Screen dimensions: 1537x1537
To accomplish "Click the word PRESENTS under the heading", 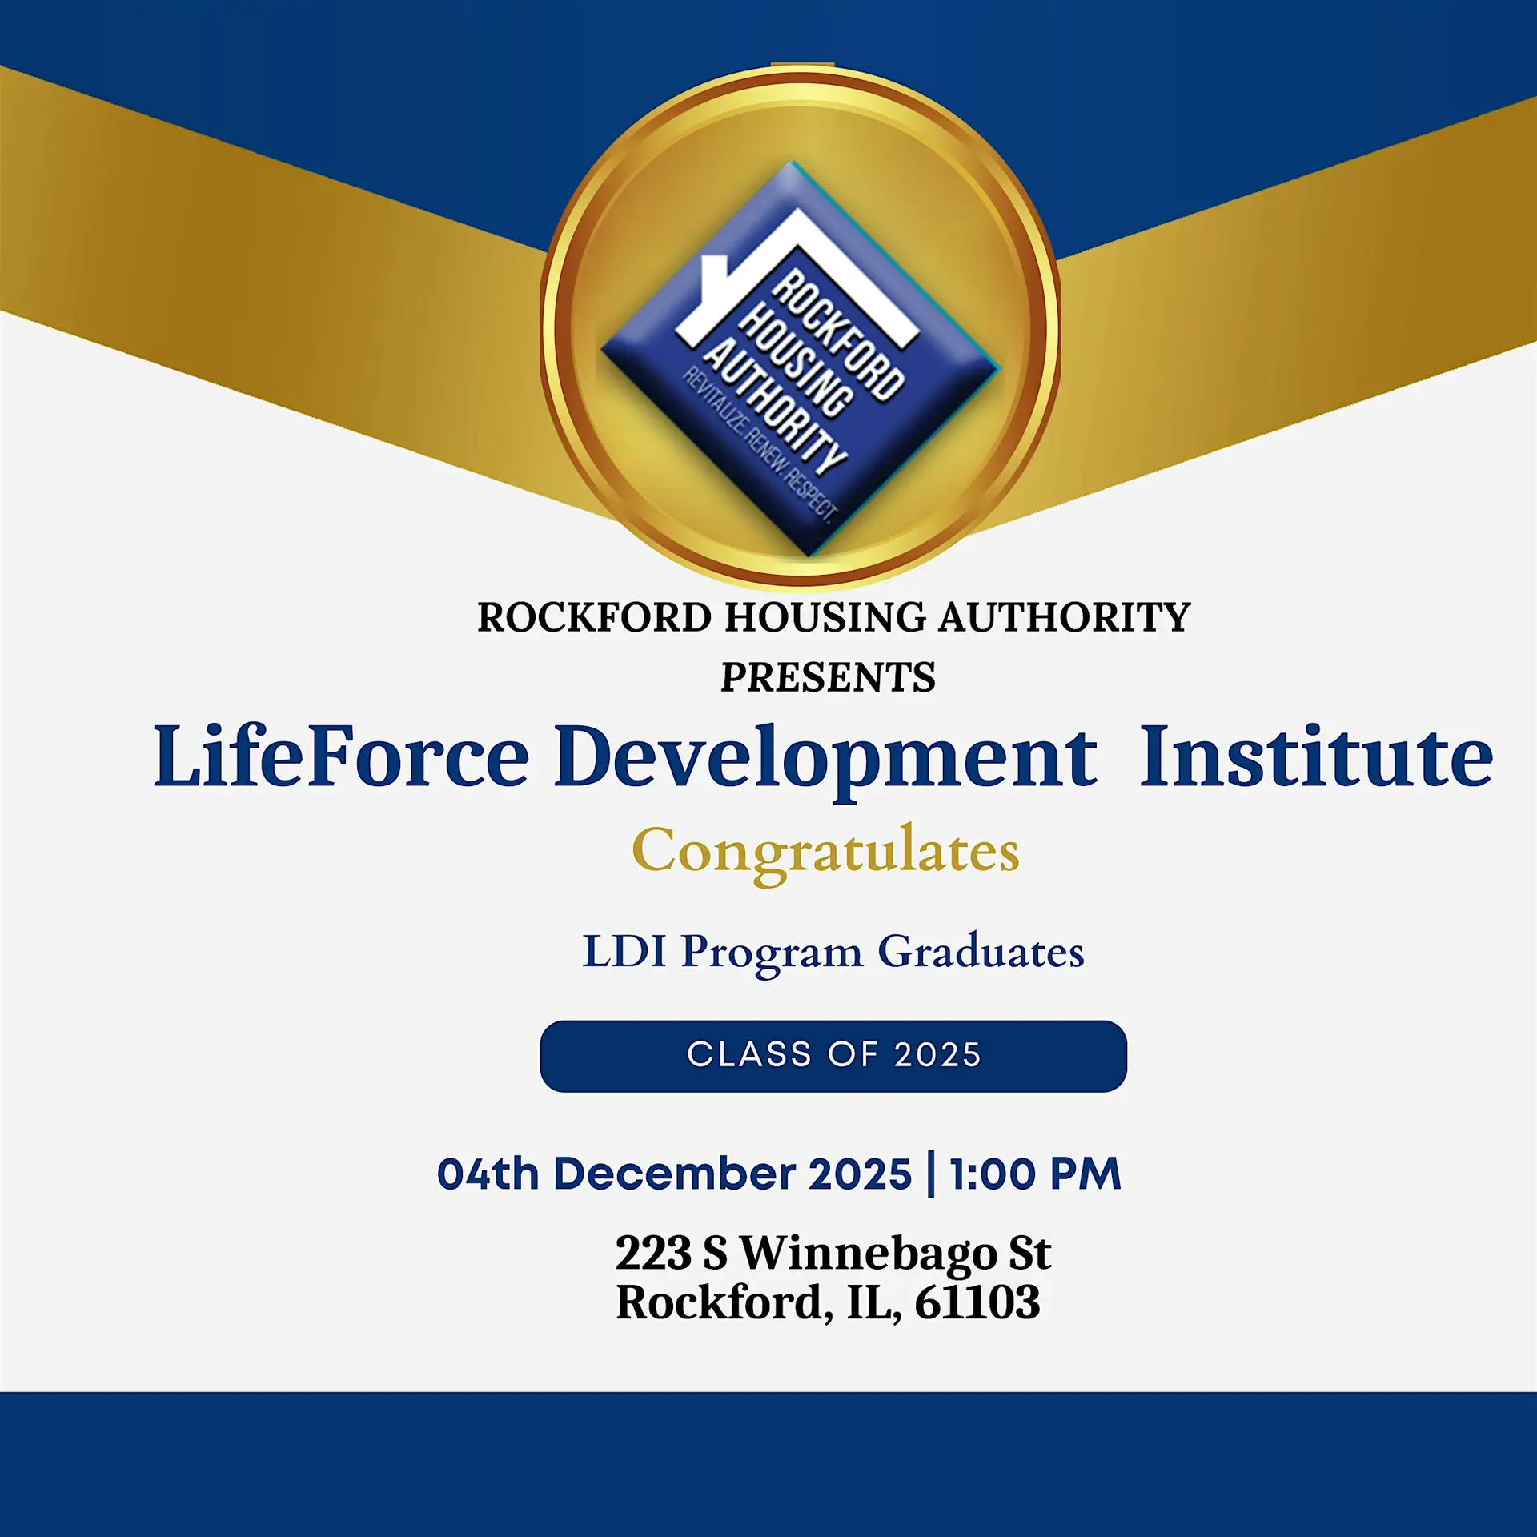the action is pos(828,677).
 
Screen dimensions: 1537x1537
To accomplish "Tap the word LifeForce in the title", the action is pos(341,756).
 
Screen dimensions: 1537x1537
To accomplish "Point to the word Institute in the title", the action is pos(1316,756).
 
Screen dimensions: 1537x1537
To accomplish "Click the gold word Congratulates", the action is pos(825,853).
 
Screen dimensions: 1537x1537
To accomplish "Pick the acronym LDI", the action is pos(624,952).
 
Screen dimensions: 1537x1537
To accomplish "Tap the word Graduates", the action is pos(981,952).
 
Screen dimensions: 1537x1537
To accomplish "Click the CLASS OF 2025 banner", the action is pos(833,1056).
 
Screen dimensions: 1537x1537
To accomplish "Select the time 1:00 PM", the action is pos(1035,1174).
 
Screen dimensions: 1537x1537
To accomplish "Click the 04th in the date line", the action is pos(488,1174).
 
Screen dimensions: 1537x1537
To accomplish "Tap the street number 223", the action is pos(652,1254).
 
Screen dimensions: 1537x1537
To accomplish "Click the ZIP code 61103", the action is pos(977,1302).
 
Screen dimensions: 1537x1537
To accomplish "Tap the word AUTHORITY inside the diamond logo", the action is pos(775,407).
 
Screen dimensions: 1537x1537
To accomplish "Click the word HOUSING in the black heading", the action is pos(826,618).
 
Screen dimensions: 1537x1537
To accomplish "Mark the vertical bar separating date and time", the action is pos(930,1174).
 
